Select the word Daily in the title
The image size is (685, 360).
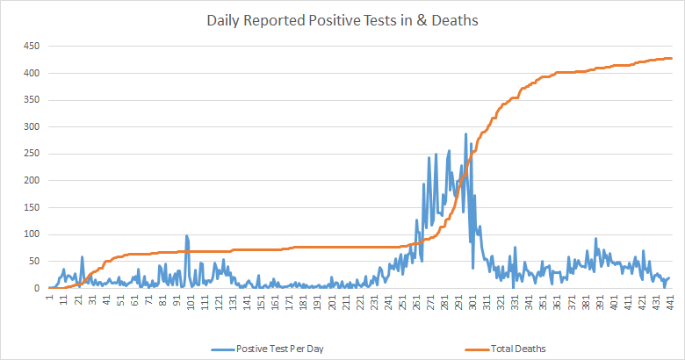click(x=224, y=20)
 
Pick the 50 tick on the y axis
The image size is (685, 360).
click(x=35, y=262)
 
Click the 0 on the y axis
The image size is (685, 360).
click(x=38, y=288)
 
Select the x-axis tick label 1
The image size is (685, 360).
click(x=52, y=299)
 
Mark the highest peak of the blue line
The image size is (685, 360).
click(x=465, y=134)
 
